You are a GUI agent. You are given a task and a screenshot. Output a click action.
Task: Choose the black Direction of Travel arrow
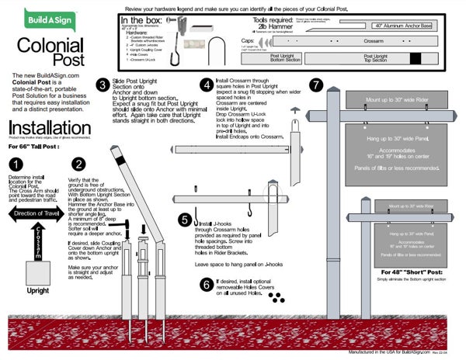pyautogui.click(x=38, y=213)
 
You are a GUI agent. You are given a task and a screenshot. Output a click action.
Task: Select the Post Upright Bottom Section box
pyautogui.click(x=287, y=57)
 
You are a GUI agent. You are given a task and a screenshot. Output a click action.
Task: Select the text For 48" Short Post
pyautogui.click(x=406, y=273)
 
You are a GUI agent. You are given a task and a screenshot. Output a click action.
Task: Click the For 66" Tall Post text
pyautogui.click(x=34, y=146)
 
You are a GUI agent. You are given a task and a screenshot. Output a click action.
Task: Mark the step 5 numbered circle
pyautogui.click(x=185, y=220)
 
